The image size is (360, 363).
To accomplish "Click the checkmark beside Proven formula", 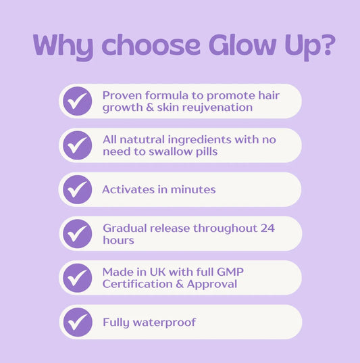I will [78, 101].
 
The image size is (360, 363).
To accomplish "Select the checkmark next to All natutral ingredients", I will [78, 145].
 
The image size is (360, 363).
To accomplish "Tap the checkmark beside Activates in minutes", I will [78, 189].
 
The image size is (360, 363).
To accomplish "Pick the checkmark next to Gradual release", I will [78, 234].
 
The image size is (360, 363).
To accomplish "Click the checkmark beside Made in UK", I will [78, 278].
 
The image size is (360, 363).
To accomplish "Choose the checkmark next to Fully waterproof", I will [78, 322].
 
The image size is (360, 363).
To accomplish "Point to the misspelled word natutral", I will [143, 139].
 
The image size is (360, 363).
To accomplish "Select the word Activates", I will [128, 189].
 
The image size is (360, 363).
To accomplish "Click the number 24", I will [268, 228].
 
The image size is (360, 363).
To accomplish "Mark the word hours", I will [119, 241].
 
